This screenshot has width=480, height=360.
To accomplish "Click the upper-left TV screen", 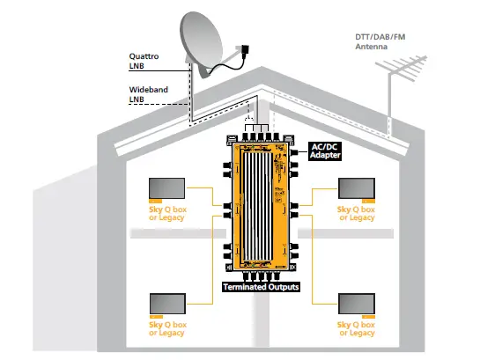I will (166, 189).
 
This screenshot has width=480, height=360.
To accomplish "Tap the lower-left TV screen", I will (166, 303).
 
